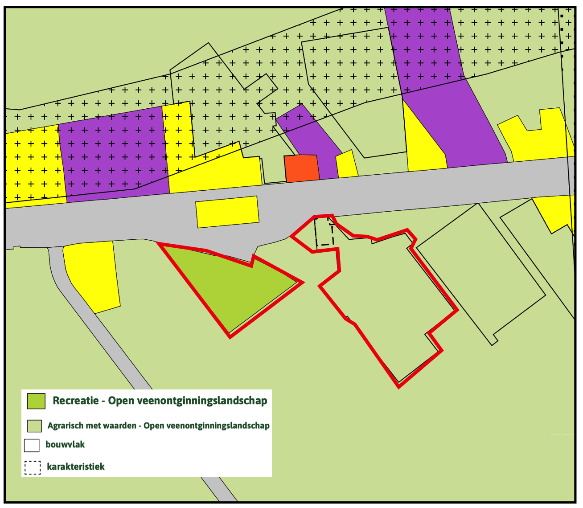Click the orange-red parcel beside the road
[302, 168]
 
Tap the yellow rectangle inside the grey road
[227, 212]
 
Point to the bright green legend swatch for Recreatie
[36, 401]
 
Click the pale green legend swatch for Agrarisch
[34, 426]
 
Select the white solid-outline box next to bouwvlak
[32, 445]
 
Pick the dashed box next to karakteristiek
[33, 467]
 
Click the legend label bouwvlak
[65, 444]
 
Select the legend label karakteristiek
[76, 467]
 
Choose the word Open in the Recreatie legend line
[121, 401]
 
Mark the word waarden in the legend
[119, 426]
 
